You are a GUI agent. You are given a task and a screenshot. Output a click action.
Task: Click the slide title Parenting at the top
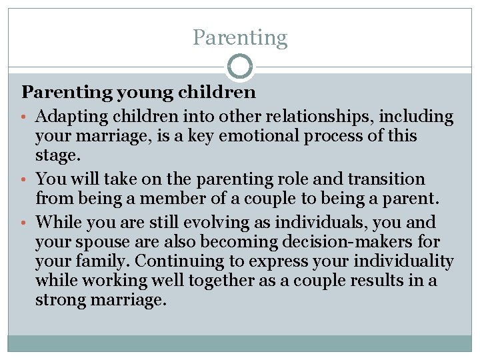[240, 37]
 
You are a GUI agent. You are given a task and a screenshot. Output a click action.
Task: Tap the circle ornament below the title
[240, 67]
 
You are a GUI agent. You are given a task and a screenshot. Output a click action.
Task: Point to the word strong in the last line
[63, 300]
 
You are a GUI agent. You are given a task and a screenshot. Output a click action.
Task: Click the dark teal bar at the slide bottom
[240, 343]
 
